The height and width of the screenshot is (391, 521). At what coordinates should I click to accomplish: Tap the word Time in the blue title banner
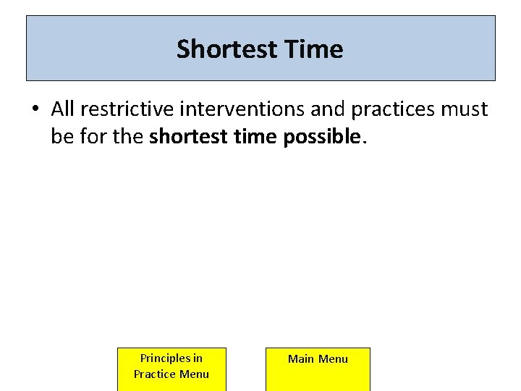pos(314,49)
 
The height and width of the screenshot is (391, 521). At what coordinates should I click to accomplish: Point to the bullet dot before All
pos(35,109)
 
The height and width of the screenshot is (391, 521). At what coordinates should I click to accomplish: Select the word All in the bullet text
pos(64,109)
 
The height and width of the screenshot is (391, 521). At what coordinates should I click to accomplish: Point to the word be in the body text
pos(62,135)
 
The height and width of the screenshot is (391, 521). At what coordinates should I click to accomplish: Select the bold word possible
pos(323,136)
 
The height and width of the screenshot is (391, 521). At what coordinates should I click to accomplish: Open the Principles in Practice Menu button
pos(171,369)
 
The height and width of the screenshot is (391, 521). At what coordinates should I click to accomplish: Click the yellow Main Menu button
pos(318,369)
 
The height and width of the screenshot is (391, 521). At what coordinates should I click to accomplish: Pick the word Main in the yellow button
pos(302,358)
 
